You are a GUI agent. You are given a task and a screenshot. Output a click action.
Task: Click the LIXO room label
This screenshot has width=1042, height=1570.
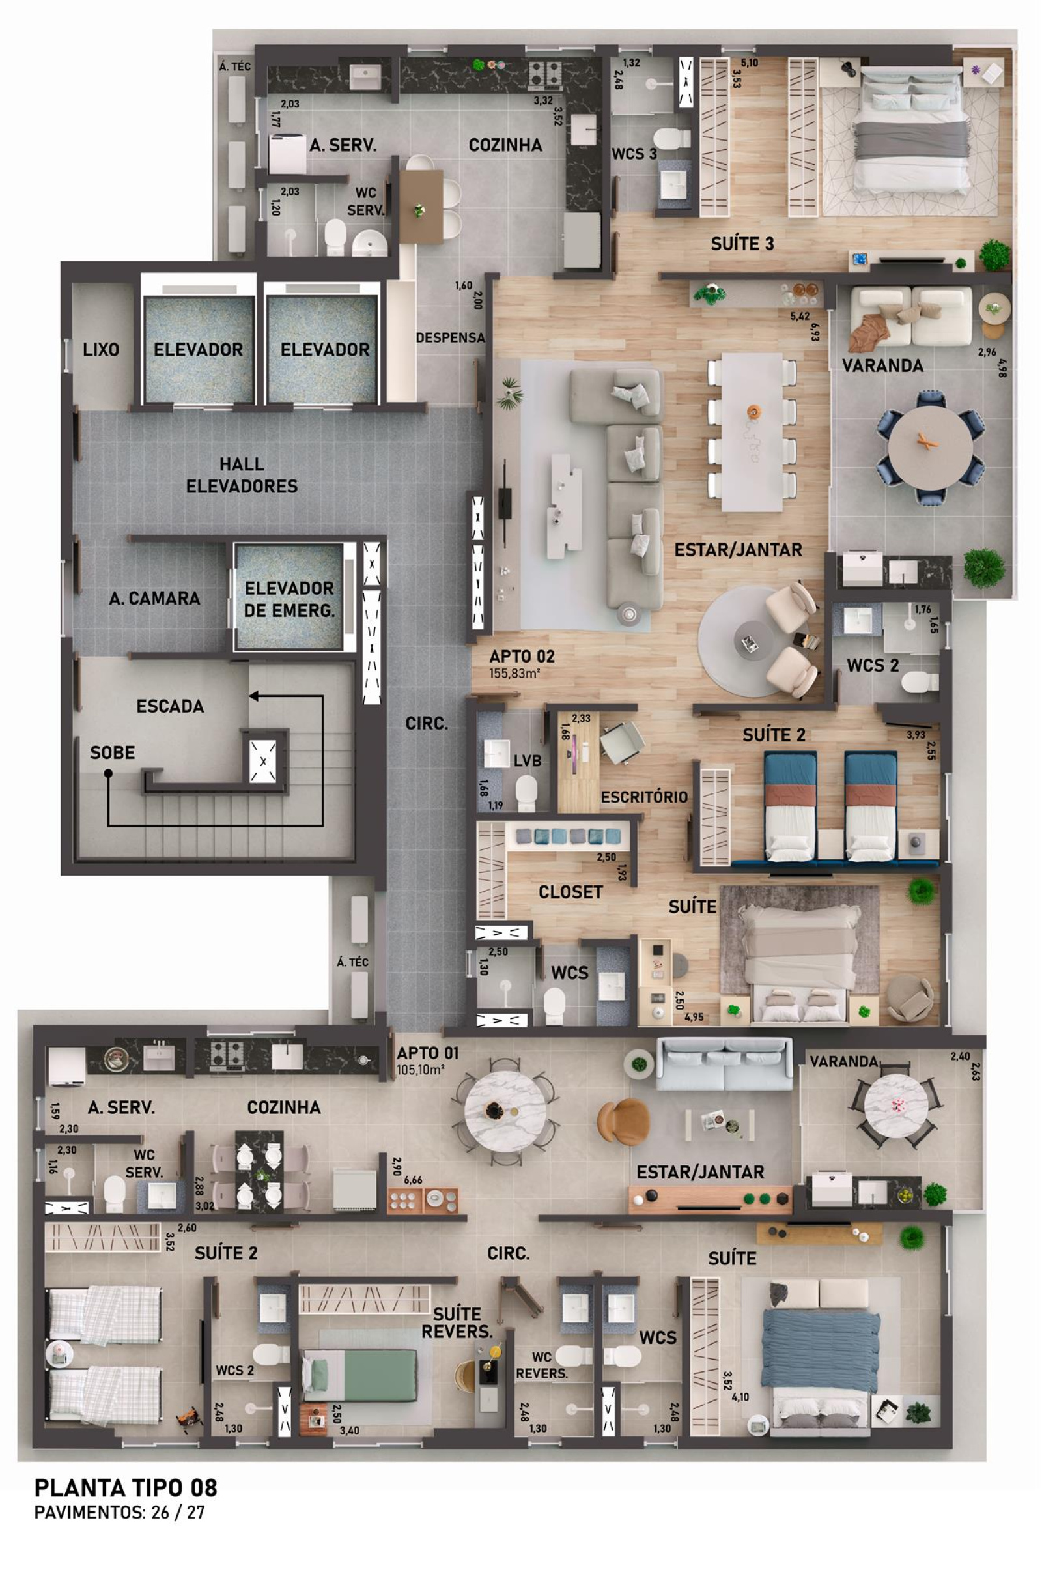click(x=101, y=350)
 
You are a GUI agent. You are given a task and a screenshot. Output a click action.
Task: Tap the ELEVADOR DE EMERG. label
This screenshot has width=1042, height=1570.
click(x=289, y=599)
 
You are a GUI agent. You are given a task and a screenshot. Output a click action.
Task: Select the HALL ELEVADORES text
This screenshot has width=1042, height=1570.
click(x=242, y=475)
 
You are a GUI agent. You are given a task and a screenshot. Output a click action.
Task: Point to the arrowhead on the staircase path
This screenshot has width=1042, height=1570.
click(x=254, y=696)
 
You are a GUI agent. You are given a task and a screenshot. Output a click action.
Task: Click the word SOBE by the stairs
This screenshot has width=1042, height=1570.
click(x=112, y=752)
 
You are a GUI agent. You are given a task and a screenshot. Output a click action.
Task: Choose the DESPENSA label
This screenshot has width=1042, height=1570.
click(x=451, y=337)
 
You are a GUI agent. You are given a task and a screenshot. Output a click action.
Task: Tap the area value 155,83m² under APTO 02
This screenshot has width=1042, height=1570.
click(x=514, y=673)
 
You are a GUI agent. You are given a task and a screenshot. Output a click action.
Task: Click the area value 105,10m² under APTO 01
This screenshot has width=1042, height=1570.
click(x=421, y=1070)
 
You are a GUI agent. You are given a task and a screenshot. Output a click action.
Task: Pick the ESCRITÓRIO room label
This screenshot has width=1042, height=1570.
click(x=644, y=797)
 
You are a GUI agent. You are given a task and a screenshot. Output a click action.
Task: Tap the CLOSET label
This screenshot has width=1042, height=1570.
click(x=571, y=892)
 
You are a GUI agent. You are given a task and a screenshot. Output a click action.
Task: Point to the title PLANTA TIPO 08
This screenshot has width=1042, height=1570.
click(x=126, y=1487)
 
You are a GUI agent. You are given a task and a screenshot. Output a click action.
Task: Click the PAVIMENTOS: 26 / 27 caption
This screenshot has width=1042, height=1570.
click(x=120, y=1512)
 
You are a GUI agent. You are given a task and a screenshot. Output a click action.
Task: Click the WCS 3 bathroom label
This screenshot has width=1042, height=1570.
click(x=634, y=154)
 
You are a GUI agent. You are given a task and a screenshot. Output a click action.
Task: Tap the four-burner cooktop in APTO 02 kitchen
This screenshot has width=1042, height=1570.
click(x=545, y=75)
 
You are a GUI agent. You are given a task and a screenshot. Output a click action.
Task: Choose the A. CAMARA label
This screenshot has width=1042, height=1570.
click(x=155, y=598)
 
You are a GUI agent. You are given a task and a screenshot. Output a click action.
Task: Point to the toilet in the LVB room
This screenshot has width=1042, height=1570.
click(x=526, y=792)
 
